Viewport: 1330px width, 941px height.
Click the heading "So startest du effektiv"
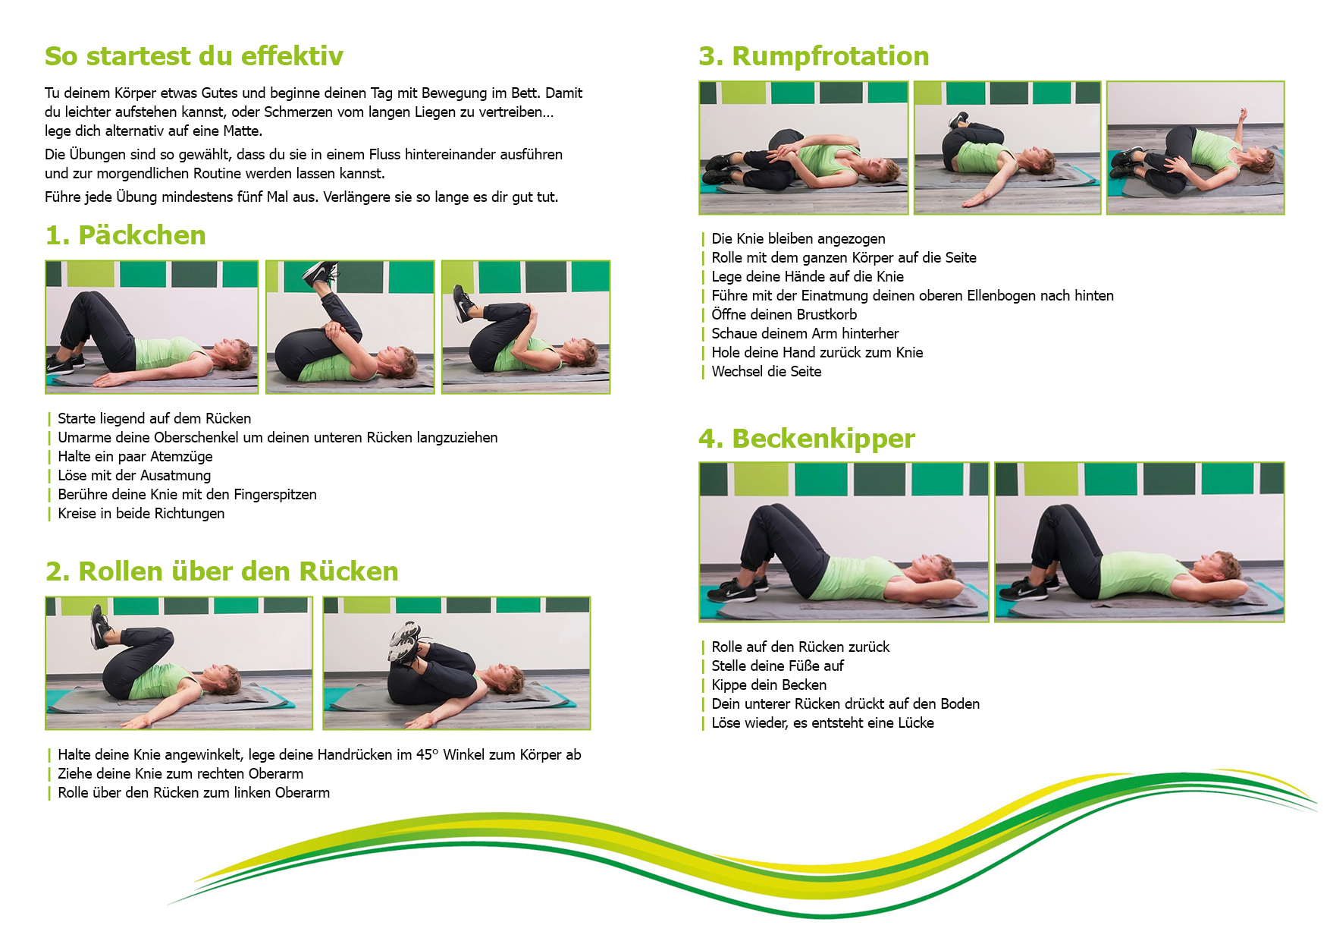pos(194,56)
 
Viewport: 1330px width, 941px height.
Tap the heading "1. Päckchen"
pos(126,235)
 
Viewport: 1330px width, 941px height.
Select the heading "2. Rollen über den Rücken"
pos(222,571)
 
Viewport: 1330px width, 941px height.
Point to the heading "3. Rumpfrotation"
pos(814,57)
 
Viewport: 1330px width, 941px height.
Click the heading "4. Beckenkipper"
pos(807,439)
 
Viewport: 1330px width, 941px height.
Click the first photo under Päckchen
pos(152,327)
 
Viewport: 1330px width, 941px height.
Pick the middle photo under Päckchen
pos(350,327)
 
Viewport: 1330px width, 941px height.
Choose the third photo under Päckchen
pos(526,327)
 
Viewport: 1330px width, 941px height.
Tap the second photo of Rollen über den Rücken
pos(456,663)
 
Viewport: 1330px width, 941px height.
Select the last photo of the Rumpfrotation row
pos(1196,148)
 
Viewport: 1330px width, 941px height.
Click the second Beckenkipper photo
pos(1140,542)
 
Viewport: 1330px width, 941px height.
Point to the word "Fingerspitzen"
pos(275,495)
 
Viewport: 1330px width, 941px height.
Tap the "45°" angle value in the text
pos(428,755)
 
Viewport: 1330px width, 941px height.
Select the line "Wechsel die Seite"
pos(767,372)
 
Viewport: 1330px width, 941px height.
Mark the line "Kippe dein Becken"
pos(769,685)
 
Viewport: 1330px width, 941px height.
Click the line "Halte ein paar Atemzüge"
pos(135,457)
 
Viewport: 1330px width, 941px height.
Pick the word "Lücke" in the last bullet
pos(916,723)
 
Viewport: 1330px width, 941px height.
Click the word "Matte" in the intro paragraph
pos(241,131)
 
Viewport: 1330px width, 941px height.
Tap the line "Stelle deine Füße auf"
pos(777,666)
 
